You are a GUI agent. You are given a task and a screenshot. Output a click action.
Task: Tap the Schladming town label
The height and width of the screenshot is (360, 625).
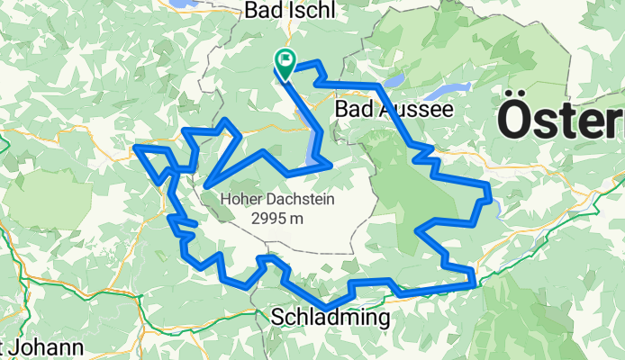coord(330,318)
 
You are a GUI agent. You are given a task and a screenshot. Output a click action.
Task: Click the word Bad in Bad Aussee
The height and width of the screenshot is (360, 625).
coord(351,108)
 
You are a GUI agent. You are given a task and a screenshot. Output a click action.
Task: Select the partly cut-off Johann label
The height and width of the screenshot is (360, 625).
coord(45,347)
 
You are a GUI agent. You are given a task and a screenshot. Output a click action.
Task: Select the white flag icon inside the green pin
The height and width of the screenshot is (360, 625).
coord(285,61)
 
